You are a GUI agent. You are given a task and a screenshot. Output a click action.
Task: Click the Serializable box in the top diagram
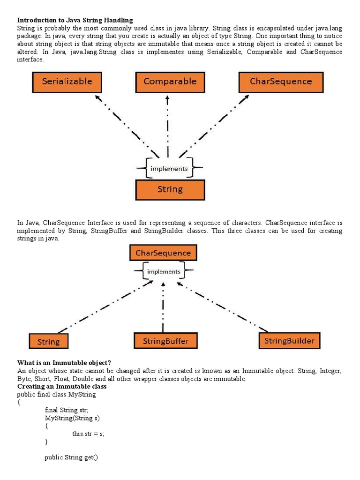(67, 82)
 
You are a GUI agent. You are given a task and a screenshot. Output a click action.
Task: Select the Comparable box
(170, 82)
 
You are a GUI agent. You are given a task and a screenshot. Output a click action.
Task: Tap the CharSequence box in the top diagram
(281, 82)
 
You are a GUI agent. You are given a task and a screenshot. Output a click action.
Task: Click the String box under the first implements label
(170, 190)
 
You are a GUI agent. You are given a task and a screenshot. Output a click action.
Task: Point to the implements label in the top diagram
(169, 169)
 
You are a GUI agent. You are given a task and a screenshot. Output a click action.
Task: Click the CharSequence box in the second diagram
(163, 253)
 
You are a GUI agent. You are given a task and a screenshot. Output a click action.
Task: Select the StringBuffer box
(165, 341)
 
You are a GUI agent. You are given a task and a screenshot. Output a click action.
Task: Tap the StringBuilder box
(289, 340)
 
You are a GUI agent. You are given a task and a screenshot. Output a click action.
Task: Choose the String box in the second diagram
(49, 342)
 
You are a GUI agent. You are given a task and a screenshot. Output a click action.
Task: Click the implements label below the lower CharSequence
(164, 271)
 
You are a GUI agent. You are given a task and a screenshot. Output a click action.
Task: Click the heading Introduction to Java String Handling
(75, 20)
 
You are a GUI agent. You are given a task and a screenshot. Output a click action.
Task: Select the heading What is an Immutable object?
(64, 362)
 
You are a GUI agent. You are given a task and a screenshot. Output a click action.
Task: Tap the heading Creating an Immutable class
(62, 386)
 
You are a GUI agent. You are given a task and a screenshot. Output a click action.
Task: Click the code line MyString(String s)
(72, 418)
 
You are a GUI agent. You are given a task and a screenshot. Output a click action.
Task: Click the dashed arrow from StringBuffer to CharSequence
(163, 307)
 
